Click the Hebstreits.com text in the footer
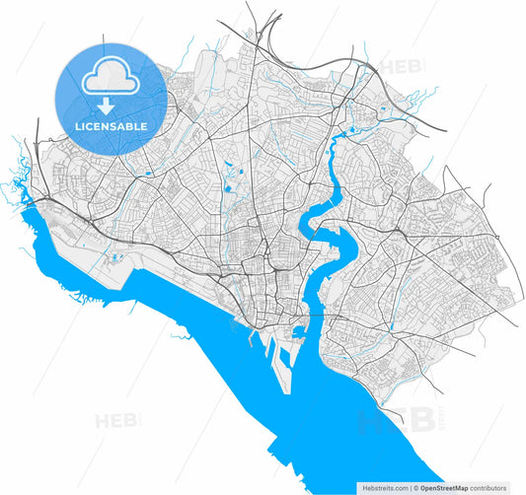tap(384, 487)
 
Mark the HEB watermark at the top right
tap(400, 67)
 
